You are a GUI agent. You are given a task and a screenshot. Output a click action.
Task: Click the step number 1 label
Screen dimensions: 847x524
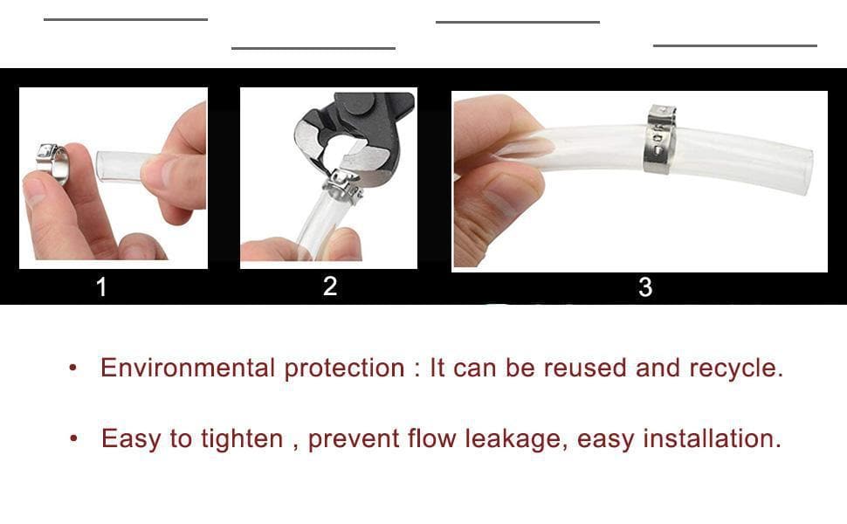click(x=101, y=286)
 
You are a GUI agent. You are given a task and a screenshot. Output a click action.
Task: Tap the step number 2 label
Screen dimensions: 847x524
click(x=330, y=286)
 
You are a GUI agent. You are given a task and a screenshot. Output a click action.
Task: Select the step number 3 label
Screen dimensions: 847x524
click(x=645, y=286)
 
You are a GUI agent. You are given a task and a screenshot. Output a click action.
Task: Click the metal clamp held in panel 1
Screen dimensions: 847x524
click(x=53, y=163)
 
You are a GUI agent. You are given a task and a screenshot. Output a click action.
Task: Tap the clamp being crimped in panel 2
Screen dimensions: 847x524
click(x=342, y=186)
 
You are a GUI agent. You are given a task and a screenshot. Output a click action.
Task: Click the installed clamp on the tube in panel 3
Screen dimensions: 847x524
click(x=659, y=140)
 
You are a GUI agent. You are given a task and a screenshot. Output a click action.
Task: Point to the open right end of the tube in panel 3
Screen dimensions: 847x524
click(x=805, y=172)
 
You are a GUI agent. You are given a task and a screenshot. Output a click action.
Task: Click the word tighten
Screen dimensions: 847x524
click(x=242, y=438)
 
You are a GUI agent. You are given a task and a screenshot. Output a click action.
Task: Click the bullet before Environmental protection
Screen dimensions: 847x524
click(x=73, y=369)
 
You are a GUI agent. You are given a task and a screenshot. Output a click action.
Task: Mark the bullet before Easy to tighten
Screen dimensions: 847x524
click(x=73, y=438)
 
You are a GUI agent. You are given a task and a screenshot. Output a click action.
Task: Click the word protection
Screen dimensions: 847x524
click(x=344, y=369)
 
